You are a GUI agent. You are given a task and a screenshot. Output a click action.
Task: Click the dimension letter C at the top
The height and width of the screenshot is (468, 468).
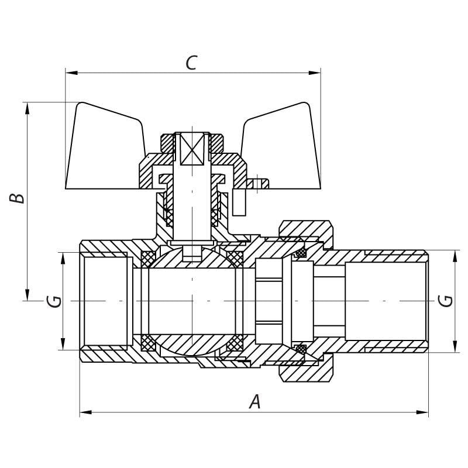point(191,63)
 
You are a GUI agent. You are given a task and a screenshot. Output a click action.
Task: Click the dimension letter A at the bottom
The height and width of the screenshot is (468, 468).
point(255,401)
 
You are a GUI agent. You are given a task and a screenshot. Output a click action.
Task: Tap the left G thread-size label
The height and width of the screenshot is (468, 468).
point(54,301)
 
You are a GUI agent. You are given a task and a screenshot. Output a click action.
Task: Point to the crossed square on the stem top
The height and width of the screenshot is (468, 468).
point(192,149)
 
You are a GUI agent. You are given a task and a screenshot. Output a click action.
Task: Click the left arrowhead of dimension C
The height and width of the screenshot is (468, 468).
point(71,73)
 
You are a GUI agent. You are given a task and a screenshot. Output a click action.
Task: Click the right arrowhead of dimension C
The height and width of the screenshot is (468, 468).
point(315,73)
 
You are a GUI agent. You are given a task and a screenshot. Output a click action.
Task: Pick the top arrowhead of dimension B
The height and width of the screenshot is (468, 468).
point(27,108)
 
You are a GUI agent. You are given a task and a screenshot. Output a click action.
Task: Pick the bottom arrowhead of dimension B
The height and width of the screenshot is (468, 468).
point(27,295)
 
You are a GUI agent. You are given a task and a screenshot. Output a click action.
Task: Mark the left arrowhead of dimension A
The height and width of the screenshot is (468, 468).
point(85,412)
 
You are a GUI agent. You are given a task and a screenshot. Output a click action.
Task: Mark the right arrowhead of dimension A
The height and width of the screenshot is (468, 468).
point(422,412)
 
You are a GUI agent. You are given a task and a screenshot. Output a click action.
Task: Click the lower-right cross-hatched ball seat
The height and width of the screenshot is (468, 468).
point(235,343)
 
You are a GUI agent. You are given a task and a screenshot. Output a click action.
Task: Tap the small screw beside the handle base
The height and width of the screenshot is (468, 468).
point(257,184)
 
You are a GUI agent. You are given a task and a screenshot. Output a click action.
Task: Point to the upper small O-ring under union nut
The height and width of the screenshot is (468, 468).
point(301,253)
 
